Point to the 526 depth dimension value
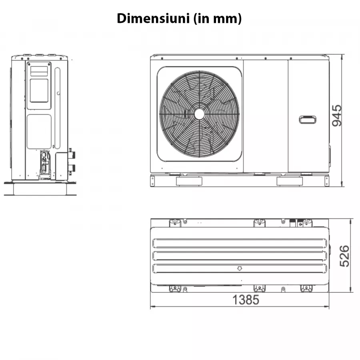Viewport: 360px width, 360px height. [x=345, y=256]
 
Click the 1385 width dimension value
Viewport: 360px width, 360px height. [x=246, y=300]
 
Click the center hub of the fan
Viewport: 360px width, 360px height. [x=199, y=114]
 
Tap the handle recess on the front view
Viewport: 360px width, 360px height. [x=308, y=119]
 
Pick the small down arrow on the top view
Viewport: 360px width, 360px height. [x=239, y=268]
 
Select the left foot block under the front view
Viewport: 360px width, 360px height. [x=189, y=181]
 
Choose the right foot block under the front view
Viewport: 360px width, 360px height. [x=290, y=181]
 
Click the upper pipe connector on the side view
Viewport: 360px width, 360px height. [x=72, y=154]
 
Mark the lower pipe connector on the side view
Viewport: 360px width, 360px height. [x=72, y=167]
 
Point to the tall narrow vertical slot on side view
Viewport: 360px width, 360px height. [x=57, y=108]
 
